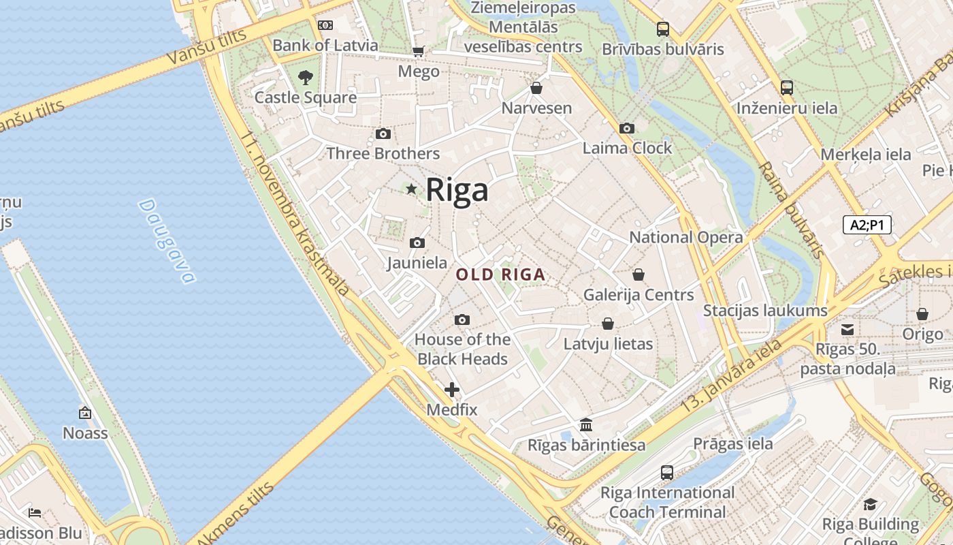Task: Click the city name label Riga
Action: [x=457, y=190]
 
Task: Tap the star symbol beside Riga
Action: [x=411, y=189]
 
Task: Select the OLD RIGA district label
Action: [x=500, y=275]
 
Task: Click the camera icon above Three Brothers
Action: [x=383, y=134]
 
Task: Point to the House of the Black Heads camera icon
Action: [x=462, y=320]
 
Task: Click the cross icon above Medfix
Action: [x=451, y=390]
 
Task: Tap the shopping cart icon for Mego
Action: [x=418, y=52]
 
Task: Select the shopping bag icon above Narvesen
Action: [x=536, y=88]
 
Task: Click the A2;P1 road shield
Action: [x=867, y=225]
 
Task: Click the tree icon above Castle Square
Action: [x=306, y=78]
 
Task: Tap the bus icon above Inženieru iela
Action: [x=786, y=88]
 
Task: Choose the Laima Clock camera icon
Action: [x=627, y=128]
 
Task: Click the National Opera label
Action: [x=685, y=237]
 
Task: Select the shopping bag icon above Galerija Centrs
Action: [x=638, y=275]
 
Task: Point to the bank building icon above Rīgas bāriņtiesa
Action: [x=586, y=425]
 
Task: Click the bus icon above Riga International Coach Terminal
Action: [x=667, y=472]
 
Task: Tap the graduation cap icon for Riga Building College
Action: [x=870, y=504]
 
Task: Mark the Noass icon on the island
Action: [x=85, y=413]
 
